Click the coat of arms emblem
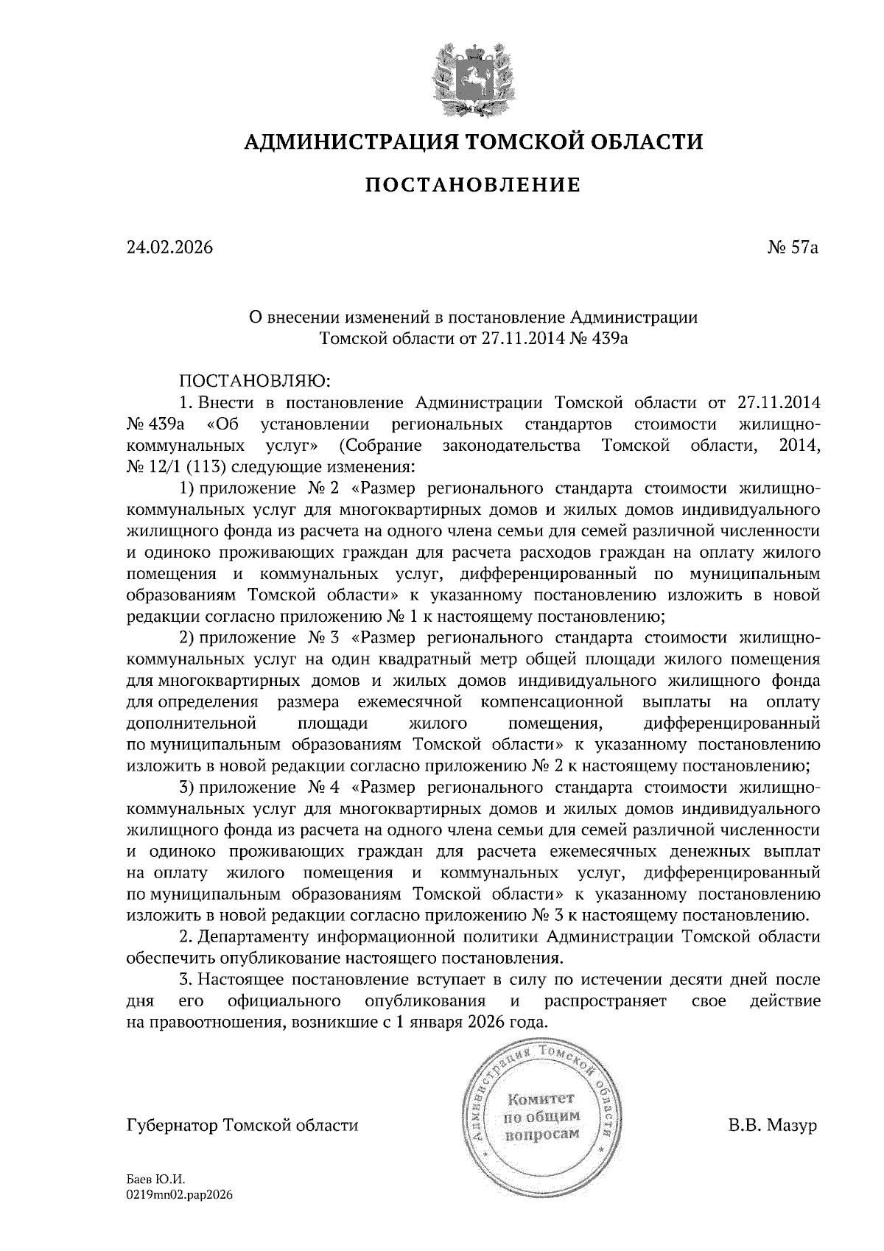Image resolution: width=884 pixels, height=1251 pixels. (x=471, y=80)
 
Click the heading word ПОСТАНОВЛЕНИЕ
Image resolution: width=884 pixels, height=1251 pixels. (x=472, y=184)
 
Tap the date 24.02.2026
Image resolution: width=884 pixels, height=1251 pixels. (x=169, y=248)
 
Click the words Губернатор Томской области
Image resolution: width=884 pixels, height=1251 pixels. (x=243, y=1126)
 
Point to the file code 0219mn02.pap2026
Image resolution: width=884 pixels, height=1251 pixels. (x=180, y=1196)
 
